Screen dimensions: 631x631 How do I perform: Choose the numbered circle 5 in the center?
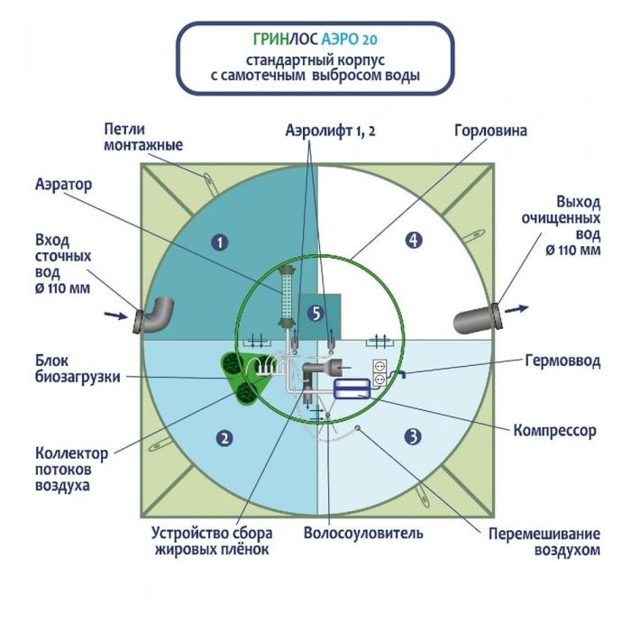(314, 313)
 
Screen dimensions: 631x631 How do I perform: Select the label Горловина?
(490, 131)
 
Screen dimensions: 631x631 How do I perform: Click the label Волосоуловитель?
(363, 533)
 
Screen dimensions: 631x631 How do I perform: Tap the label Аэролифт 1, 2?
(328, 131)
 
